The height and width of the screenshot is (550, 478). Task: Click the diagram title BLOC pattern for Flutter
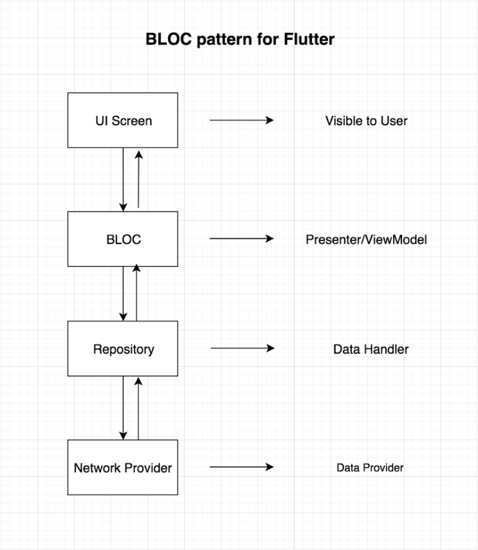point(239,39)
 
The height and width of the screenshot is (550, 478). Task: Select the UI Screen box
point(123,120)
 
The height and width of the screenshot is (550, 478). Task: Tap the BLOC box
point(123,239)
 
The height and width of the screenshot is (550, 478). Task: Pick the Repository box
point(123,349)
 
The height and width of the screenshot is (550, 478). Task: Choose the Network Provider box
point(123,467)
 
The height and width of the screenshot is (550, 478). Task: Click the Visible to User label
point(366,120)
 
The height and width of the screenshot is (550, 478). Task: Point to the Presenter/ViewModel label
point(366,240)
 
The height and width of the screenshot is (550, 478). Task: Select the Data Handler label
point(371,350)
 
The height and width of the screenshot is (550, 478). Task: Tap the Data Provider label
point(370,468)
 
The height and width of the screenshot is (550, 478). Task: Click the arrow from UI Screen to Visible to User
point(241,120)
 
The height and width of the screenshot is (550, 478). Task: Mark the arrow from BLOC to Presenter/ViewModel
point(241,239)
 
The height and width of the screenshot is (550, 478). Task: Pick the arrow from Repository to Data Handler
point(242,349)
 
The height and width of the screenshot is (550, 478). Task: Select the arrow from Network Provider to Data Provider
point(241,467)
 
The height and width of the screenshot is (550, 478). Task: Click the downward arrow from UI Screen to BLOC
point(123,179)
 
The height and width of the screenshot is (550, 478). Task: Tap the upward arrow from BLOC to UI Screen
point(138,179)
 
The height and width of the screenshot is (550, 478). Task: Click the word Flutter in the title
point(309,39)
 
